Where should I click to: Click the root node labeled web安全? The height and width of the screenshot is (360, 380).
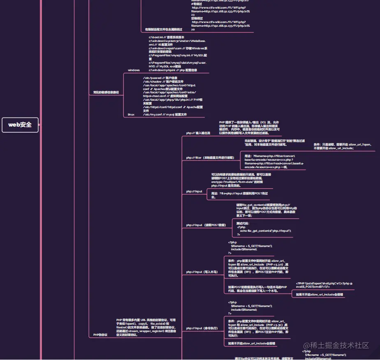click(x=20, y=125)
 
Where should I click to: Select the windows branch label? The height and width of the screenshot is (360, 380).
click(x=134, y=70)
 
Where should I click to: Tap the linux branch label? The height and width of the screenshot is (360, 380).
click(x=131, y=114)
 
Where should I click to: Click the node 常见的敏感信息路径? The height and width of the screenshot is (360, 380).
click(x=106, y=92)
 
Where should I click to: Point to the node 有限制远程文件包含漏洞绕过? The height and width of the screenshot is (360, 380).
click(x=164, y=30)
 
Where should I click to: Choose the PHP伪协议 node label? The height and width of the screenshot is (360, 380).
click(x=100, y=335)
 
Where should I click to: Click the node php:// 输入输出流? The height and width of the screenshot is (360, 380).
click(x=198, y=133)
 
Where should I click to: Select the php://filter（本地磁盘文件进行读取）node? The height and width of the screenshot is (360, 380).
click(x=210, y=157)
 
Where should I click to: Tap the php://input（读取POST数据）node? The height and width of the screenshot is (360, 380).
click(x=206, y=225)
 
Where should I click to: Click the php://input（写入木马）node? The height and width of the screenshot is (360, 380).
click(x=202, y=272)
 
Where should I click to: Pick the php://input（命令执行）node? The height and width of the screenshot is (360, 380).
click(x=202, y=328)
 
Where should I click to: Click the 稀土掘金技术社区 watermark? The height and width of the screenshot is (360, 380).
click(x=336, y=345)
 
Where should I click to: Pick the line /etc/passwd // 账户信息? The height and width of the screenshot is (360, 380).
click(x=160, y=78)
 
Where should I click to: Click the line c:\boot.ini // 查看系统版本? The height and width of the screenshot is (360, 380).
click(x=172, y=37)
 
